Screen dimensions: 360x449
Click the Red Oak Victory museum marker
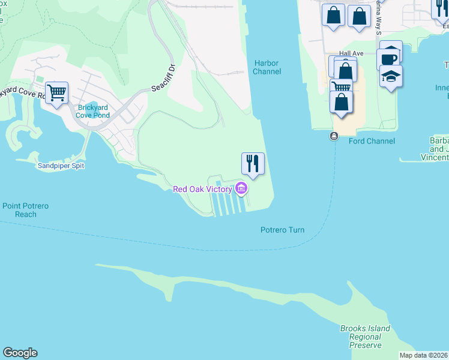pyautogui.click(x=241, y=189)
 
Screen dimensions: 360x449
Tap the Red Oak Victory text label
pyautogui.click(x=202, y=190)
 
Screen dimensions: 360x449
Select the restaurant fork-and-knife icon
pyautogui.click(x=253, y=163)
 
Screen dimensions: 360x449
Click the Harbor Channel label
pyautogui.click(x=267, y=67)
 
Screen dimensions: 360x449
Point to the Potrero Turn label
pyautogui.click(x=282, y=230)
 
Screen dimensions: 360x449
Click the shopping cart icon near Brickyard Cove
pyautogui.click(x=56, y=92)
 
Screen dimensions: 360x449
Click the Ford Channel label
pyautogui.click(x=372, y=141)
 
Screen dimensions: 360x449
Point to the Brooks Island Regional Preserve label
pyautogui.click(x=364, y=337)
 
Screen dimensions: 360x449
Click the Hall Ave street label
pyautogui.click(x=351, y=53)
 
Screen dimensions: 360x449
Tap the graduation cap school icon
pyautogui.click(x=391, y=76)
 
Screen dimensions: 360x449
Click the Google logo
pyautogui.click(x=20, y=353)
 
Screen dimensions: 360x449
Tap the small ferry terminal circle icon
pyautogui.click(x=333, y=136)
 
